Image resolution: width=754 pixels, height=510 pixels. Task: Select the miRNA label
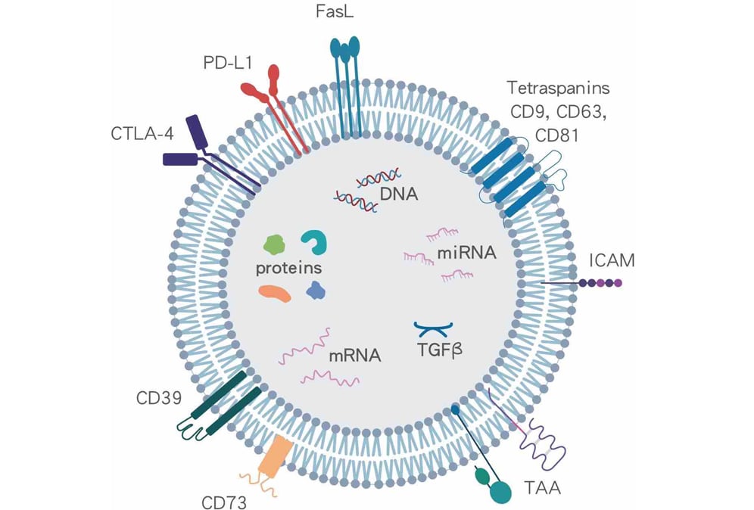click(466, 252)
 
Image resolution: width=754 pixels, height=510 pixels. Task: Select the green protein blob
click(274, 244)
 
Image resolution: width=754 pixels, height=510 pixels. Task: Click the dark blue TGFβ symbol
click(434, 328)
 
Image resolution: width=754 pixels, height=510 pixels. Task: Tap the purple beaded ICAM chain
click(600, 282)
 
